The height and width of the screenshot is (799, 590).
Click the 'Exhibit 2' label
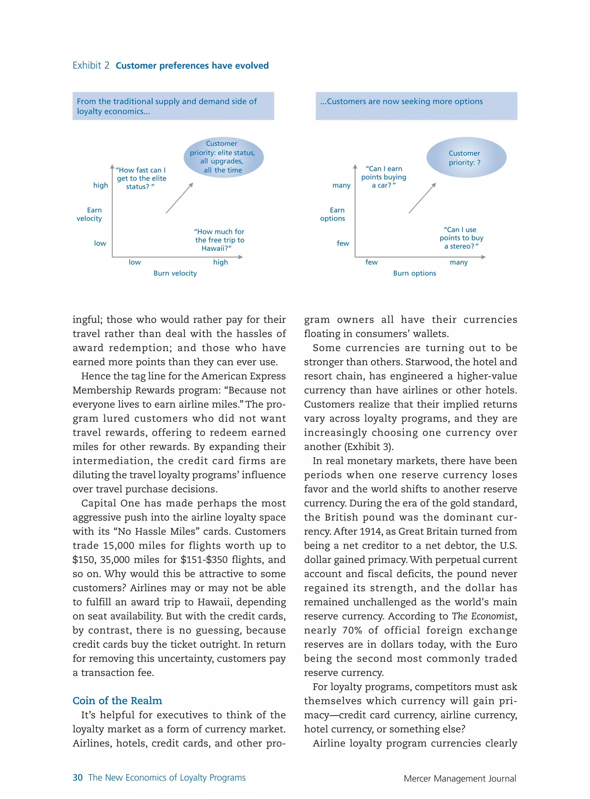point(91,66)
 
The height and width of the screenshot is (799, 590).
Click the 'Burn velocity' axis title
point(175,273)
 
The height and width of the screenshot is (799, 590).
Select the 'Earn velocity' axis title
point(89,214)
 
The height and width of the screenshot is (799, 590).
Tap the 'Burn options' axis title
point(414,273)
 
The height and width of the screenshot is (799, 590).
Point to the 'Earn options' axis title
point(332,214)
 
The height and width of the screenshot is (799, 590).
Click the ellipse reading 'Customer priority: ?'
point(466,158)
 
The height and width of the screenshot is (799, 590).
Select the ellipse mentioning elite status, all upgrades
point(223,157)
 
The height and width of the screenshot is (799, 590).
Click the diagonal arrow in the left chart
point(179,198)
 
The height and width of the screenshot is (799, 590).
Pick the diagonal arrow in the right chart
point(422,198)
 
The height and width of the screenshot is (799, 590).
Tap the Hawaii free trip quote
point(219,240)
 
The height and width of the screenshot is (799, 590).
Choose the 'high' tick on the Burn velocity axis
point(220,262)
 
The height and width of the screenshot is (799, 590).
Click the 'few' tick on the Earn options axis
point(343,243)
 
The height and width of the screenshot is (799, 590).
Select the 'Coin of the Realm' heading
point(117,700)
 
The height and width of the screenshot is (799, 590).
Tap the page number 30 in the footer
point(77,778)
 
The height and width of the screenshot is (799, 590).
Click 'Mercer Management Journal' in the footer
point(460,778)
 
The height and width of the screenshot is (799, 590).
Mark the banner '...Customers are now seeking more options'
point(416,106)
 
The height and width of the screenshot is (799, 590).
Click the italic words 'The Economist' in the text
point(483,616)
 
